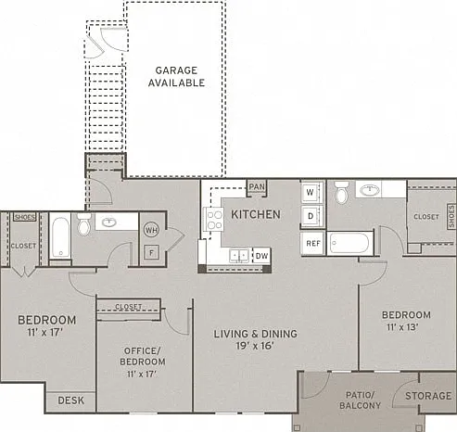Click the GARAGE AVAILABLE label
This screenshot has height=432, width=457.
pos(176,77)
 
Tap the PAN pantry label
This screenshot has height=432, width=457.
pos(257,187)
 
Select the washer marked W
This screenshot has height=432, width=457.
pos(311,192)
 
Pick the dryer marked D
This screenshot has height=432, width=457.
pos(311,216)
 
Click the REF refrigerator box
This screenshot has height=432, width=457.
pos(313,244)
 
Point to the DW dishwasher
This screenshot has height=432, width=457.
pos(261,256)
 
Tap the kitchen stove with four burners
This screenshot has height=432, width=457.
pos(213,219)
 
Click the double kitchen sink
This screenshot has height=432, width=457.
pos(239,256)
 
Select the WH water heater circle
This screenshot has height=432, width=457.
pos(151,230)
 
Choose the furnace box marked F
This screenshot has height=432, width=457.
pos(151,252)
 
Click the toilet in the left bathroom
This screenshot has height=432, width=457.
pos(83,224)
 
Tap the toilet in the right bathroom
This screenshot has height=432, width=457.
pos(341,192)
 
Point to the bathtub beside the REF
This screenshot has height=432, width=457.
pos(349,243)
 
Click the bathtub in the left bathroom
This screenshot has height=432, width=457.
pos(60,237)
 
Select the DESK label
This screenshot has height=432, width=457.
pos(71,400)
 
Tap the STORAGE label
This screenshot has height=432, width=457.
pos(428,396)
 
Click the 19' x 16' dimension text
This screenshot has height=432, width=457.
pos(255,346)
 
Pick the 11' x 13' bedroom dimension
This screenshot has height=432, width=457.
pos(402,326)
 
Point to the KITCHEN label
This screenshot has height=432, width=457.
pos(256,214)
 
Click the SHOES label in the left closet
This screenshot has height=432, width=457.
pos(25,217)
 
